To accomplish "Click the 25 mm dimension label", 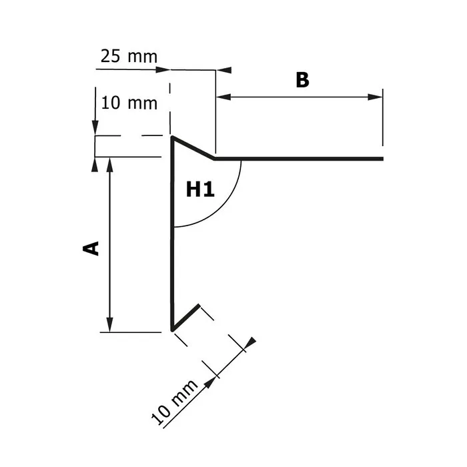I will pyautogui.click(x=129, y=56).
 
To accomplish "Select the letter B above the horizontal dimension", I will pyautogui.click(x=302, y=80).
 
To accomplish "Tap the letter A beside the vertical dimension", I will pyautogui.click(x=91, y=248).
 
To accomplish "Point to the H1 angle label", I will pyautogui.click(x=200, y=190).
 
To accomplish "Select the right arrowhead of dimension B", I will pyautogui.click(x=378, y=97).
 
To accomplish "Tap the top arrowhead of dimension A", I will pyautogui.click(x=110, y=163).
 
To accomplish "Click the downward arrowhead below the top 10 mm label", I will pyautogui.click(x=95, y=129).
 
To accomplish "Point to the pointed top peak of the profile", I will pyautogui.click(x=172, y=138).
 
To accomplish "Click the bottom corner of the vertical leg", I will pyautogui.click(x=172, y=330).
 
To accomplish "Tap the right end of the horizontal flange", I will pyautogui.click(x=382, y=159).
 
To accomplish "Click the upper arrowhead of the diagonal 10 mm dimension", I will pyautogui.click(x=248, y=344).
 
